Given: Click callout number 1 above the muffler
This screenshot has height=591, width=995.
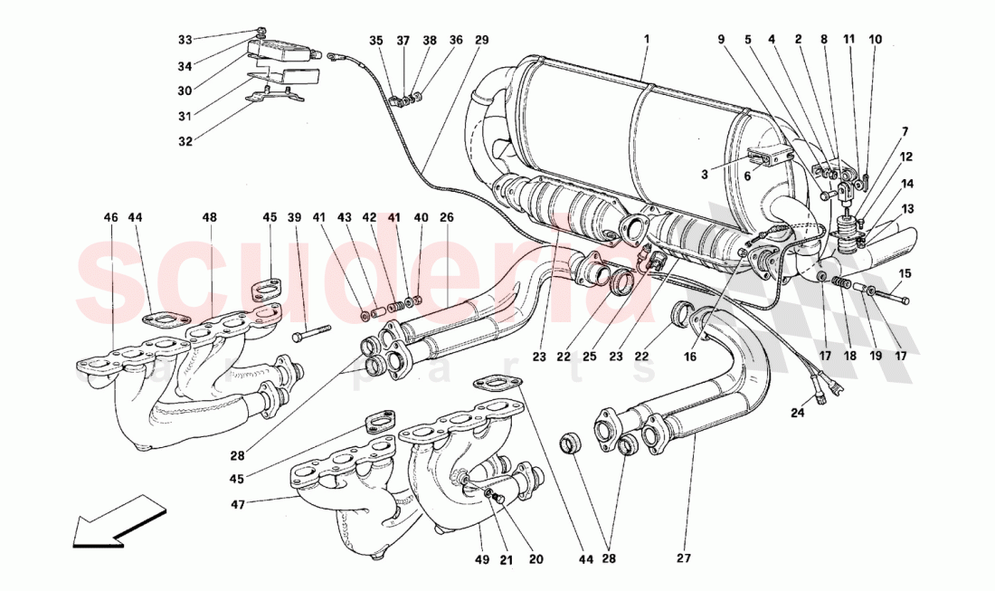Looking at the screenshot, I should pos(647,41).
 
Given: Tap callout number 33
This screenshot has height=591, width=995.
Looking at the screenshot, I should pos(185,40).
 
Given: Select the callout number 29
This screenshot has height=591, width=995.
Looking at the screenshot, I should pos(480,41).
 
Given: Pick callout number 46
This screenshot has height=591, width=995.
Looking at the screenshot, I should pos(110,218).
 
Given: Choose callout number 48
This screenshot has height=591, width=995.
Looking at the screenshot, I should pos(209,218).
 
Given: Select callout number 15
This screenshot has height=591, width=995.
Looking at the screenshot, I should pos(905,274).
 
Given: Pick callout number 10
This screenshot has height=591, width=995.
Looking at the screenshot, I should pos(875,41).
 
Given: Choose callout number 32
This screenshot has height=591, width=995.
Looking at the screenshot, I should pos(185,142).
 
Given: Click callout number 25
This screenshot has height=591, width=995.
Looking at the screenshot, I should pos(589,357).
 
